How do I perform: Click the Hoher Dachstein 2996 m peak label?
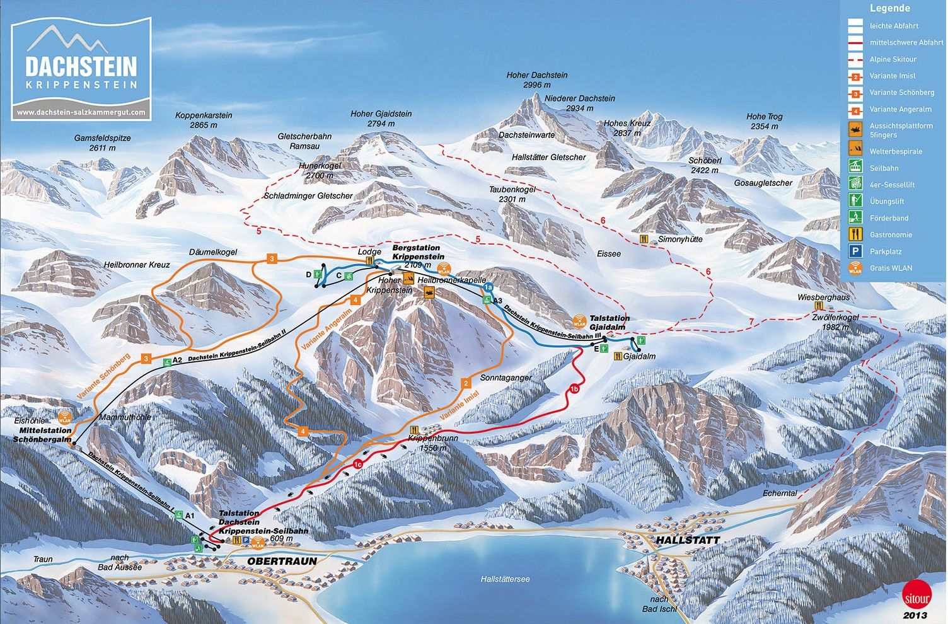coord(537,79)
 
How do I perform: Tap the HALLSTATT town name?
coord(687,541)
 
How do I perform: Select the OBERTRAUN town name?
coord(282,561)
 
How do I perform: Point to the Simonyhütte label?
coord(679,240)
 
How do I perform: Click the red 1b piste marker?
coord(574,388)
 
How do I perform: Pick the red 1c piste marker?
coord(357,465)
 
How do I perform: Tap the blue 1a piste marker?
coord(487,288)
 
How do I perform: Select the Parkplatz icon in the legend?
coord(855,251)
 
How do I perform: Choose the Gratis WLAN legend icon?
coord(855,268)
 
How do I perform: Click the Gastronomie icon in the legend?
coord(855,234)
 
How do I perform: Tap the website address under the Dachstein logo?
coord(81,112)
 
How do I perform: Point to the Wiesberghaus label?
coord(823,298)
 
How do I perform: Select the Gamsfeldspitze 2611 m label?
coord(103,142)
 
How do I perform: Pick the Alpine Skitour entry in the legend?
coord(893,59)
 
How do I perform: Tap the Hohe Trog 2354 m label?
coord(764,121)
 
